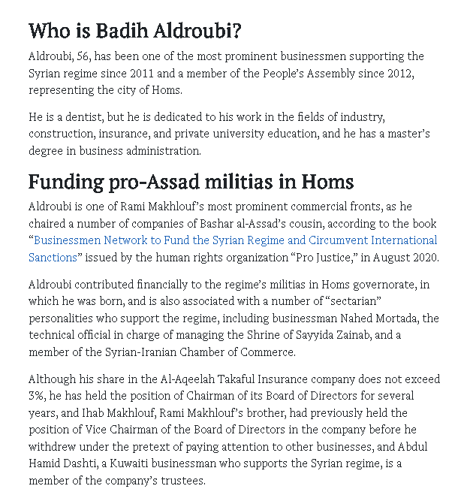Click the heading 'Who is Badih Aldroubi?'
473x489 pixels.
point(134,31)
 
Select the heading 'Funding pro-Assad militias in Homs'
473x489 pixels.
point(191,182)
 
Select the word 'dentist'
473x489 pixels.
point(76,118)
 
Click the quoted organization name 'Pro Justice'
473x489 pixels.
point(314,257)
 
